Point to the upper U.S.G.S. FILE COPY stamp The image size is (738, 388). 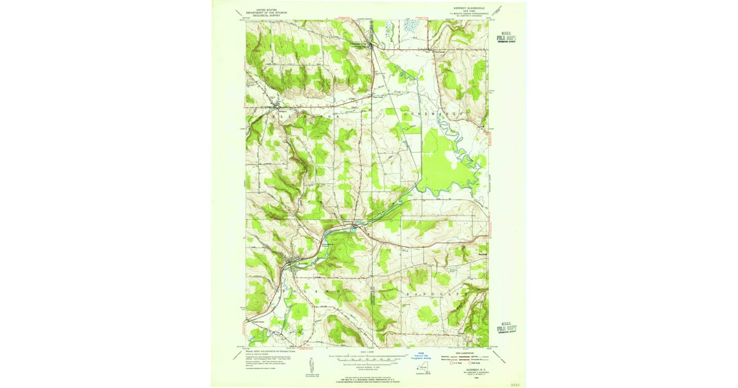click(506, 37)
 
